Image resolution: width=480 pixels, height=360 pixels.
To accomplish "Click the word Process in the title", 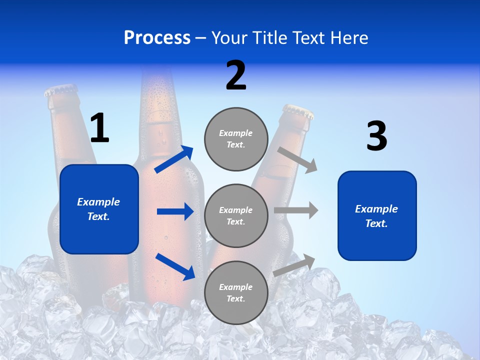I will point(157,38).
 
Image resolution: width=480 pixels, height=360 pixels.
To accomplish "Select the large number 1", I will point(99,128).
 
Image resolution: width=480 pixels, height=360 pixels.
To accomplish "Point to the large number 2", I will point(236,75).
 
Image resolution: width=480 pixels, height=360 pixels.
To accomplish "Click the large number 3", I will point(376,136).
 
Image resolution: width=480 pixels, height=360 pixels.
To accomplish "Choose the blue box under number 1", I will point(99,209).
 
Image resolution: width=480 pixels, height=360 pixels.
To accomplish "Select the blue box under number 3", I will point(377,216).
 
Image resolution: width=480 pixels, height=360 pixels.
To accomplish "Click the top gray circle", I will point(236,139).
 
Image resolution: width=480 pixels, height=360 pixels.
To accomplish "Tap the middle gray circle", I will point(236,216).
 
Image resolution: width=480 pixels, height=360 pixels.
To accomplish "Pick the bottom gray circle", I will point(236,293).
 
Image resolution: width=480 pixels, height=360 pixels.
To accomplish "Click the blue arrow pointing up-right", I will point(174,159).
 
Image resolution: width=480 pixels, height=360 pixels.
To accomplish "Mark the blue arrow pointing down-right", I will point(175,266).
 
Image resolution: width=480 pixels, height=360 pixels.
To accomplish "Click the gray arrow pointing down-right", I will point(297,159).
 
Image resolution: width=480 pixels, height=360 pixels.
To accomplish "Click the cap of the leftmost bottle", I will point(61,90).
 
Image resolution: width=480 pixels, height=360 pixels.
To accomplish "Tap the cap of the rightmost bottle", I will point(298,111).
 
